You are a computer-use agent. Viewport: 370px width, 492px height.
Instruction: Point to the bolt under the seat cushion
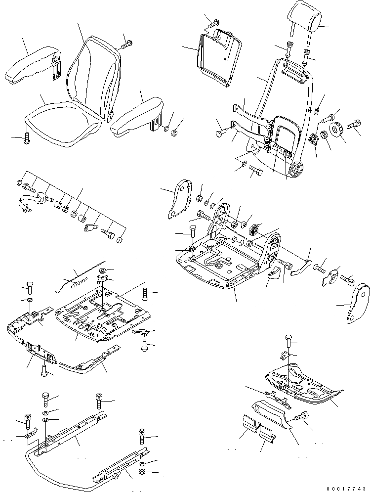coord(27,138)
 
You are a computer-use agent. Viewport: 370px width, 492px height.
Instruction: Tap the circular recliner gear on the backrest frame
coord(295,169)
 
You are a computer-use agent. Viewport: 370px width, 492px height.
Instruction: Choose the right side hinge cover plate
coord(355,305)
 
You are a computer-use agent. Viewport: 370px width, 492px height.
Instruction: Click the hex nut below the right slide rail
coord(142,474)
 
